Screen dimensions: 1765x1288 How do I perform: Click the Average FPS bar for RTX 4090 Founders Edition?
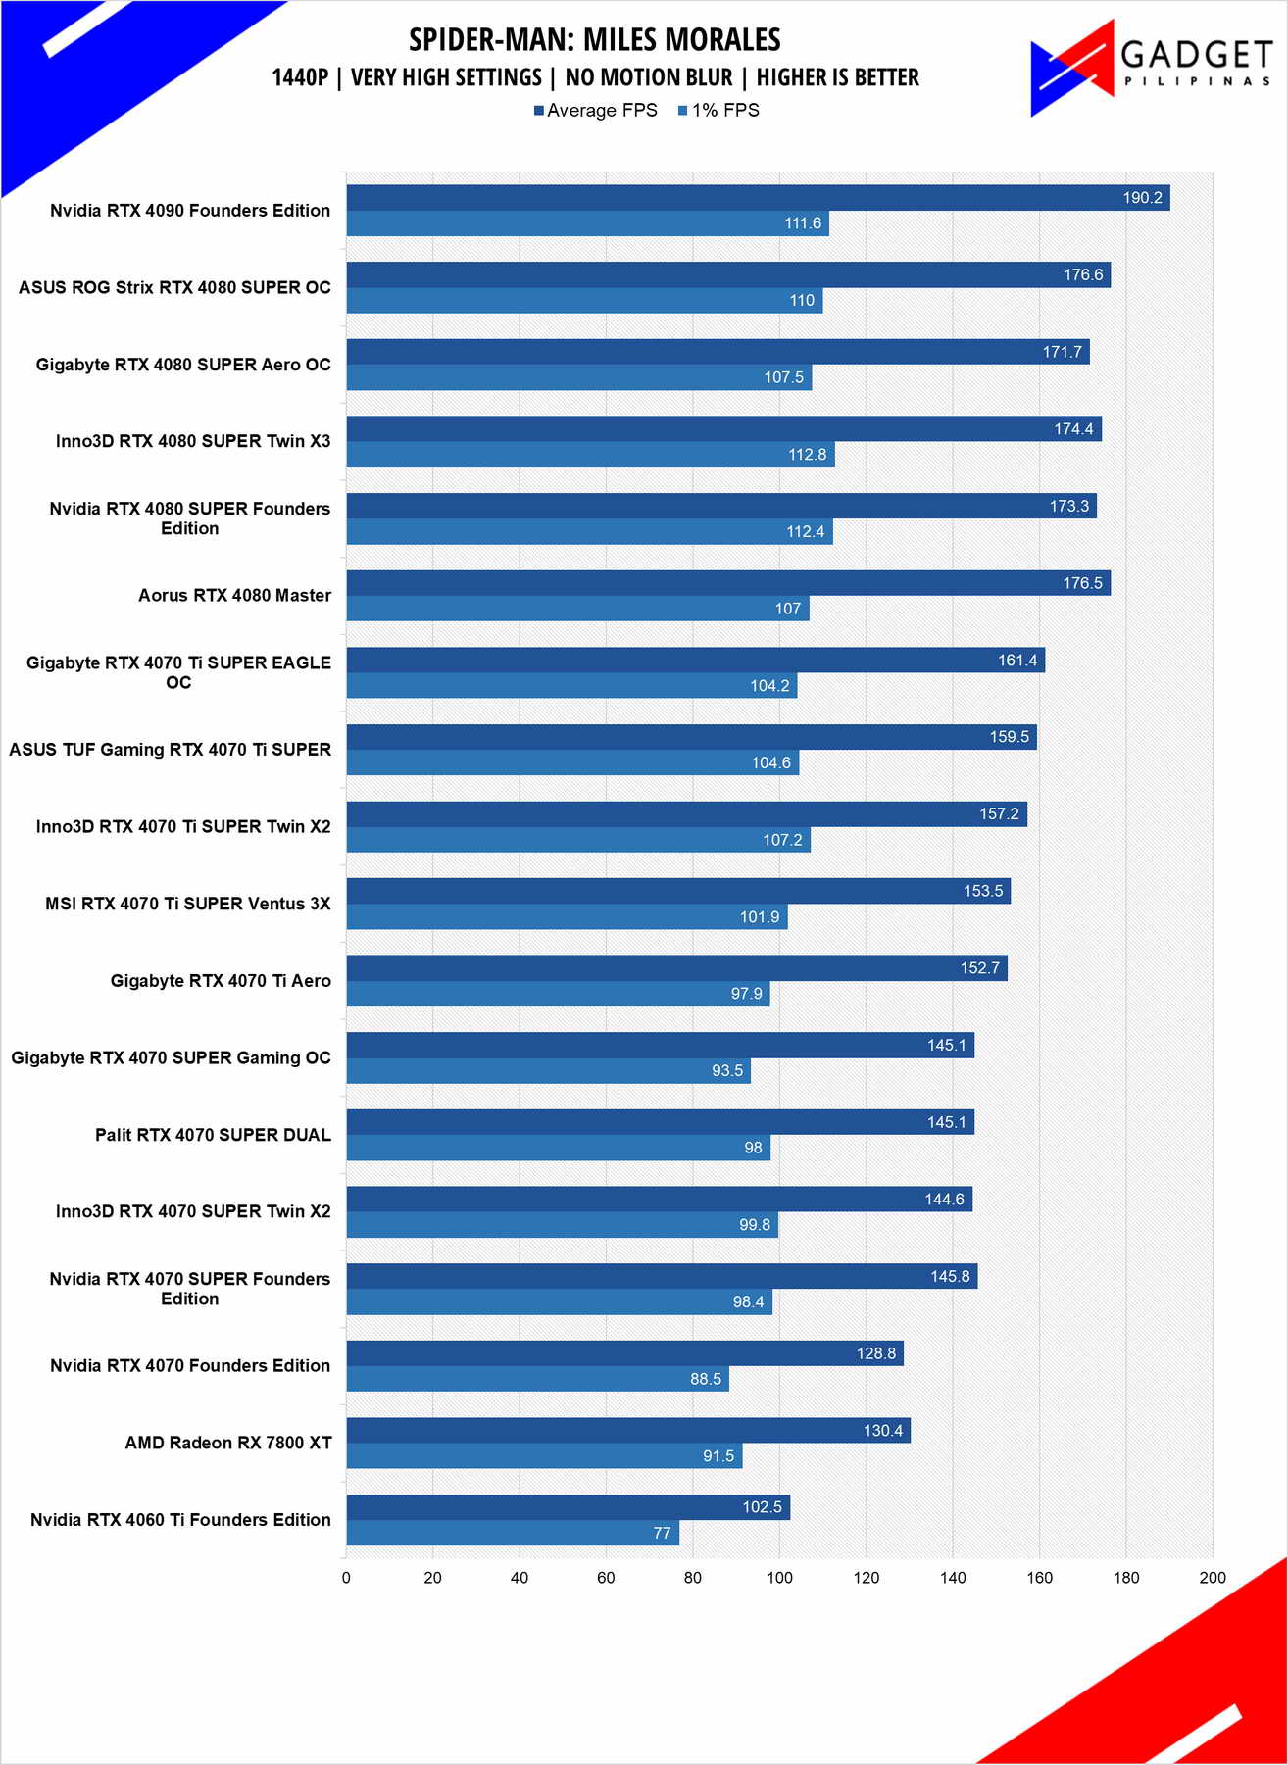(758, 198)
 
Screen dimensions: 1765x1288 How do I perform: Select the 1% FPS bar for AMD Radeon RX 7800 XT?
(544, 1456)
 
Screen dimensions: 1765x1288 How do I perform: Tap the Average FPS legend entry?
(595, 111)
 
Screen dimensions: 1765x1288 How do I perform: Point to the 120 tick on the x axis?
(867, 1578)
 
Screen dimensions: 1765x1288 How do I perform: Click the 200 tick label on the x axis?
(1213, 1578)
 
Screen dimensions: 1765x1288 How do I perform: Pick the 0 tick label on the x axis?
(346, 1578)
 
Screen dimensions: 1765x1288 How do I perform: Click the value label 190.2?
(1142, 198)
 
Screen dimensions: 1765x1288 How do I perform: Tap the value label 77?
(663, 1533)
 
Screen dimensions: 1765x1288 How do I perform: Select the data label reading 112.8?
(808, 455)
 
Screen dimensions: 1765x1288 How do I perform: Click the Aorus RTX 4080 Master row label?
(234, 596)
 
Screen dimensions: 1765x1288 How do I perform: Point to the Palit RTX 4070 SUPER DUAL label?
(213, 1135)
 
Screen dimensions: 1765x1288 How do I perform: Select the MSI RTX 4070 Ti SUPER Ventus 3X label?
(188, 904)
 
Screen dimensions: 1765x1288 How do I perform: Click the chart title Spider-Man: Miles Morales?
(595, 40)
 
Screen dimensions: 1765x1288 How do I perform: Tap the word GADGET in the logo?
(1196, 54)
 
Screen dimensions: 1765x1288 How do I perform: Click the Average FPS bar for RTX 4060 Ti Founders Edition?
(568, 1507)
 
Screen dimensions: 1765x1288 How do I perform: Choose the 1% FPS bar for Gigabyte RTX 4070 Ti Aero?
(558, 994)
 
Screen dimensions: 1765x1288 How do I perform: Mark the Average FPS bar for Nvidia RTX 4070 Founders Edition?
(624, 1353)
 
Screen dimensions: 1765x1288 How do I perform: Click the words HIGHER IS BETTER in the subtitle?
(838, 77)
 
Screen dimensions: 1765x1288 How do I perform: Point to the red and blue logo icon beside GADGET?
(1072, 67)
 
